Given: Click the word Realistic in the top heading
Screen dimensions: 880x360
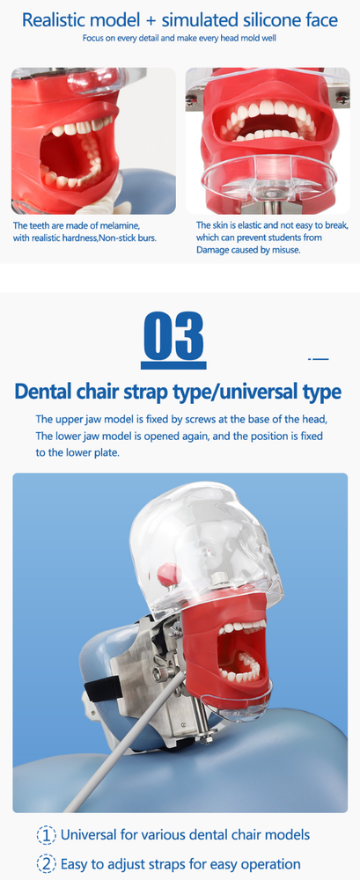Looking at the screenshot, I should (59, 18).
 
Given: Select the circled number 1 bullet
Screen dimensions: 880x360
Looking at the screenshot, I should (46, 834).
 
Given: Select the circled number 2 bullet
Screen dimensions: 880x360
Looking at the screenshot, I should (46, 864).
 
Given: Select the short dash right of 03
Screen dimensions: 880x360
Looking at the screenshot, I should (317, 359).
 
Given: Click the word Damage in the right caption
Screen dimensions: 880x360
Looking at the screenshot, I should (214, 250).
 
